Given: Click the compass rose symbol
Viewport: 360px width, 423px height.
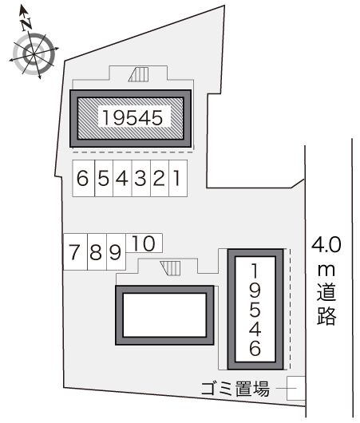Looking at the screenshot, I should coord(33,50).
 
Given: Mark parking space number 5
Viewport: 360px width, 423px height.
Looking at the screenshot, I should coord(102,180).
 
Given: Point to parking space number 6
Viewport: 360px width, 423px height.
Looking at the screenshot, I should coord(82,180).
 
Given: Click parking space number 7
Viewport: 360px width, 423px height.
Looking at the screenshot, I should coord(74,254).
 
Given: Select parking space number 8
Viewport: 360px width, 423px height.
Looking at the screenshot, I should coord(95,254).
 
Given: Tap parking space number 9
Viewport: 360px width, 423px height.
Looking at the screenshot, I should coord(114,254).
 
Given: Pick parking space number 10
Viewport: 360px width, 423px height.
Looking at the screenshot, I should coord(144,242).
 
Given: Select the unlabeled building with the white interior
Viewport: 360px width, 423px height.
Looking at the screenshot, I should coord(166,314).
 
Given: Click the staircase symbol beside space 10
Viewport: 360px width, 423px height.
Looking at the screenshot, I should coord(170,267).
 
